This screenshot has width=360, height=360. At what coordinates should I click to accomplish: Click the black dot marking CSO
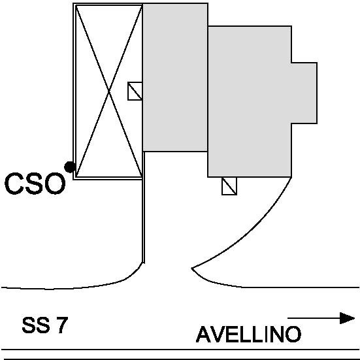click(70, 167)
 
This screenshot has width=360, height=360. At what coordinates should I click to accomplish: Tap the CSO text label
click(35, 184)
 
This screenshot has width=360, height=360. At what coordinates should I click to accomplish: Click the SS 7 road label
click(45, 325)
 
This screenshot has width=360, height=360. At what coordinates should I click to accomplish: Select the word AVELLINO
click(248, 335)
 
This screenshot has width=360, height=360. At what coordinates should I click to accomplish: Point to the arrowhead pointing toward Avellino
click(347, 318)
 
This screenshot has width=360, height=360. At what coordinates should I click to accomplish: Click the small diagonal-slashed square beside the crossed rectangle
click(135, 91)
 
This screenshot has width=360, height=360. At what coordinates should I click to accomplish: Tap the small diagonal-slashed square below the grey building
click(229, 186)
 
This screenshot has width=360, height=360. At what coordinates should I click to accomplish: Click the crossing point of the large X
click(109, 91)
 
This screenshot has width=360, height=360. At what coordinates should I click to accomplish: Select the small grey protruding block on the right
click(304, 93)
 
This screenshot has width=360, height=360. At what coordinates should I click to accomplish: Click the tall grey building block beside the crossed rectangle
click(175, 77)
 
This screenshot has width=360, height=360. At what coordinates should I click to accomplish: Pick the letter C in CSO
click(14, 184)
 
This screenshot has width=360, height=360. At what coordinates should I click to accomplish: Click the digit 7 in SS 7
click(62, 325)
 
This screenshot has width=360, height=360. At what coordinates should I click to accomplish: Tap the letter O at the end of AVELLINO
click(293, 335)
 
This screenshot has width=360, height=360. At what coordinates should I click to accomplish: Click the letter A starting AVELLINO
click(204, 335)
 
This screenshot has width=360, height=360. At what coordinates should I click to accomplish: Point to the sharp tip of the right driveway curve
click(192, 268)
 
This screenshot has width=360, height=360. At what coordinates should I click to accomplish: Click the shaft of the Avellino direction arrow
click(314, 318)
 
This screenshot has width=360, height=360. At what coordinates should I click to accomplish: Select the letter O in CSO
click(56, 184)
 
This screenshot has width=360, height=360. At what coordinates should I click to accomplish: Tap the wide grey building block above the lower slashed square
click(250, 101)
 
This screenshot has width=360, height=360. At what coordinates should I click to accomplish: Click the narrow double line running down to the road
click(144, 207)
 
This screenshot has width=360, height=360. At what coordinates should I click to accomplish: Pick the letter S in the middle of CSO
click(35, 184)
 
